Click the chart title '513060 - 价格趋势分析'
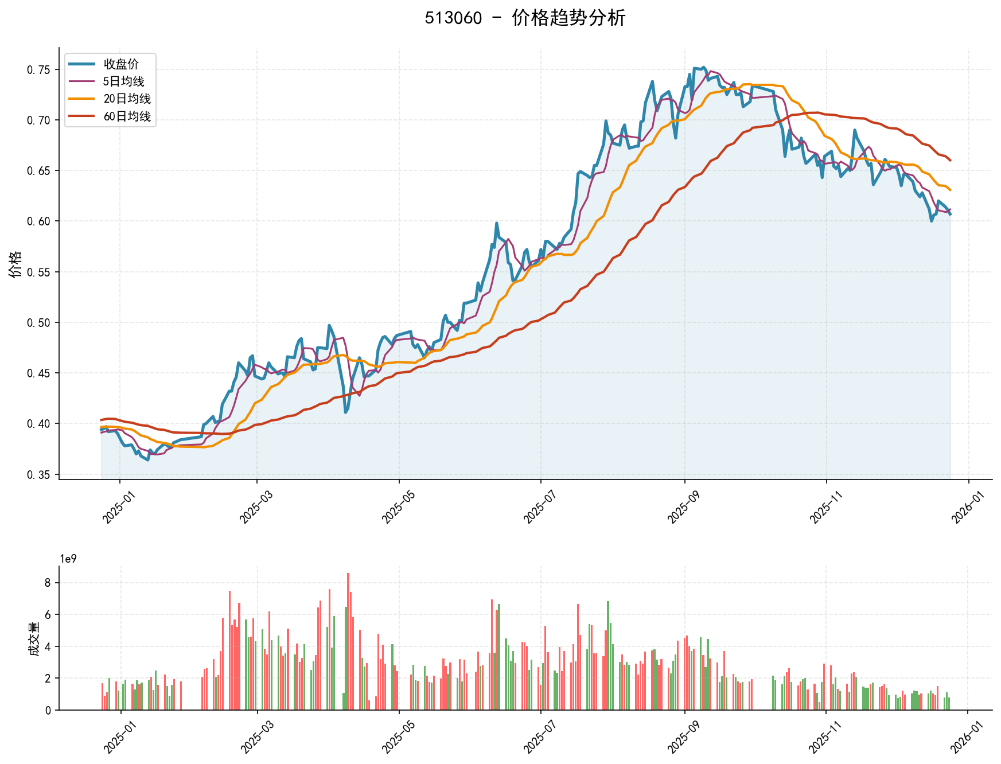525,18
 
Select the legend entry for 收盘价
121,64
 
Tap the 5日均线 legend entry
124,81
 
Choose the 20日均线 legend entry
127,99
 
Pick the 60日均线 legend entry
127,116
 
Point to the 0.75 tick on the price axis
38,70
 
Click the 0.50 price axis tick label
38,322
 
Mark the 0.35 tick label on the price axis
38,474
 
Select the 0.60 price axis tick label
38,221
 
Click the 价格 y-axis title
15,264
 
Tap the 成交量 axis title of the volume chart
34,640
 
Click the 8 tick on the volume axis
48,583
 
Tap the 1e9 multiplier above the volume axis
68,559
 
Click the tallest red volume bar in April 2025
348,641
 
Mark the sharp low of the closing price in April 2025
345,412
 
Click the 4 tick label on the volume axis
48,646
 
